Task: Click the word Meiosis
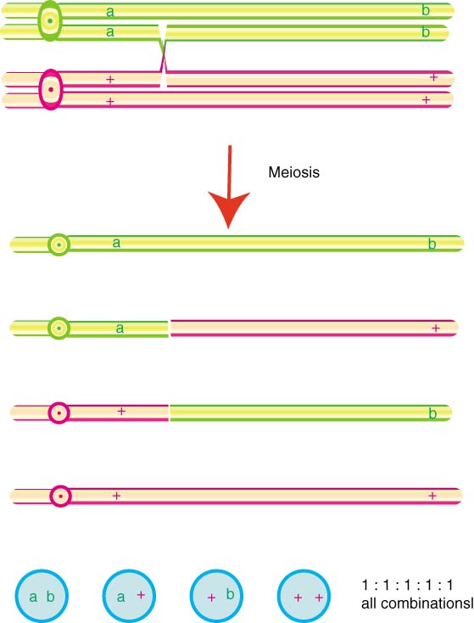click(293, 172)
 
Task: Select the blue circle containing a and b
click(42, 596)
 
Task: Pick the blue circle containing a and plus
click(129, 596)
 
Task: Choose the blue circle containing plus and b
click(216, 596)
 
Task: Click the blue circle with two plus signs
click(304, 596)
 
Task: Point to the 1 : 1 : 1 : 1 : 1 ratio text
click(407, 586)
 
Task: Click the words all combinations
click(417, 603)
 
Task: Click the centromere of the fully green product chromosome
click(59, 244)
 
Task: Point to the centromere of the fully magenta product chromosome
click(60, 497)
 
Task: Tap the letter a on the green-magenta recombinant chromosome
click(120, 328)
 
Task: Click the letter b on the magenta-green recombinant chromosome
click(432, 413)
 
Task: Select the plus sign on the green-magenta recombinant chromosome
click(436, 328)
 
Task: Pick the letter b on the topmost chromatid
click(426, 10)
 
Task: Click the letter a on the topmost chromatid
click(110, 12)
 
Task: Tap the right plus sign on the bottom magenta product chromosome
click(432, 496)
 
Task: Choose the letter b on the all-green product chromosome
click(432, 244)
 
